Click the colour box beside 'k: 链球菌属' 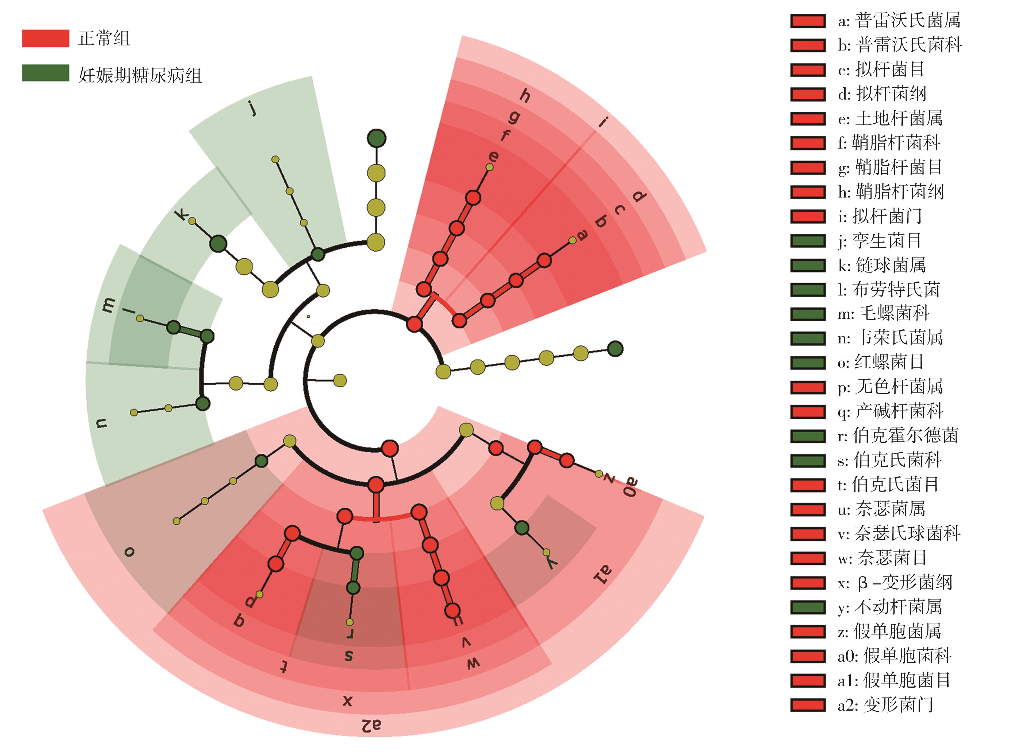pyautogui.click(x=808, y=265)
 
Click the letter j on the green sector pyautogui.click(x=253, y=109)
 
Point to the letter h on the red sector pyautogui.click(x=525, y=96)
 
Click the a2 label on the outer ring pyautogui.click(x=371, y=725)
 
